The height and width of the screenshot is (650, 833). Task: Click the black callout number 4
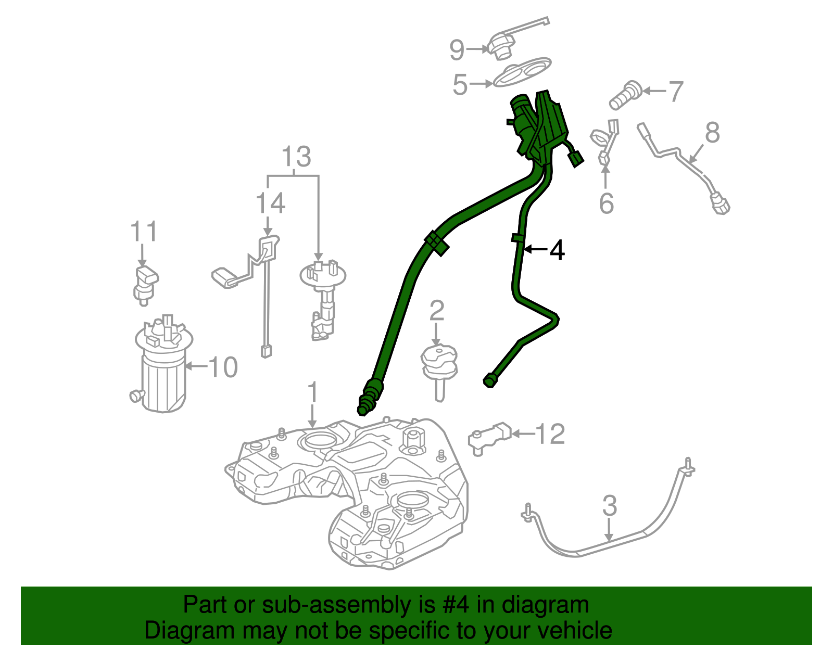(x=557, y=251)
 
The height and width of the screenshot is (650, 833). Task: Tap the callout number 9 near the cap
(x=457, y=50)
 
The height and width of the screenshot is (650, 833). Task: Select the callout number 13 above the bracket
(x=296, y=156)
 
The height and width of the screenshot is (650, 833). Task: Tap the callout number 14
(x=270, y=203)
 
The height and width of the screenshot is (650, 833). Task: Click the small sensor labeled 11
(x=145, y=284)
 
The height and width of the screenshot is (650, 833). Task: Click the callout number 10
(x=223, y=367)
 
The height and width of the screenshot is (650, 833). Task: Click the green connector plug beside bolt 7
(x=576, y=158)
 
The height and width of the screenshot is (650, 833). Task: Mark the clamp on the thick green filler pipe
(x=436, y=243)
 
